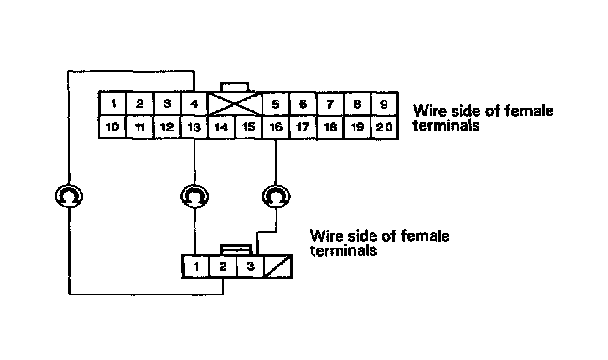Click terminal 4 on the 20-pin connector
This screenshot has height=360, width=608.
(194, 104)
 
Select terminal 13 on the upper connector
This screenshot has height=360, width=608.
(194, 127)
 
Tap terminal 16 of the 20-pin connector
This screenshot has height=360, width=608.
(276, 127)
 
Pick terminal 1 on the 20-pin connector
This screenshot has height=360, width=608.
(113, 104)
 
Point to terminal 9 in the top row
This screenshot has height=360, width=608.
(383, 104)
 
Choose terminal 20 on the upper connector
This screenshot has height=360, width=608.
(383, 127)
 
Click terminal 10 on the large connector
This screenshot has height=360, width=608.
(112, 127)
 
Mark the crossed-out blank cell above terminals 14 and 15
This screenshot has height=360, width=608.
(235, 104)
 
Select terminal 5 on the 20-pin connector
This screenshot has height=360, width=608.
(275, 104)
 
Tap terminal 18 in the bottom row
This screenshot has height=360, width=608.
(330, 127)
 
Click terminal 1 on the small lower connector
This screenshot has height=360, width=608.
(196, 267)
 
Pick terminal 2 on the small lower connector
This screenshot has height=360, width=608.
(223, 267)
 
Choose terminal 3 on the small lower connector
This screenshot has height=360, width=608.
(250, 267)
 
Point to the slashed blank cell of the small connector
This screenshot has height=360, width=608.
(278, 267)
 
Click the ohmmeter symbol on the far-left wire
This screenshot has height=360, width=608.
(69, 196)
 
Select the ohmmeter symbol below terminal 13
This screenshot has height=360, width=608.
(195, 196)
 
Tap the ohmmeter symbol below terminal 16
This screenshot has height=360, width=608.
(276, 196)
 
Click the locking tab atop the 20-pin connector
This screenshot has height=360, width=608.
(235, 87)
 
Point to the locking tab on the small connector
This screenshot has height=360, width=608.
(237, 250)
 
